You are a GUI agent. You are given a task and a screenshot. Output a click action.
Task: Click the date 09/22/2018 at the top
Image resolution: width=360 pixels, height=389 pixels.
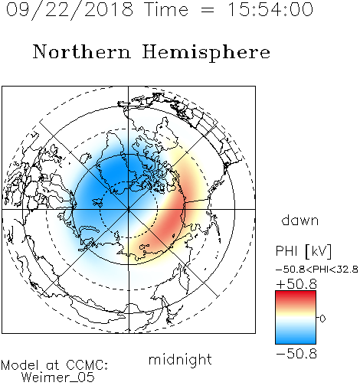coord(69,10)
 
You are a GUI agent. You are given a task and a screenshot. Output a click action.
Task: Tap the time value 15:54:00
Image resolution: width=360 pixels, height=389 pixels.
coord(270,10)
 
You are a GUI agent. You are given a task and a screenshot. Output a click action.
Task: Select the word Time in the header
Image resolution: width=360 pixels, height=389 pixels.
coord(166,10)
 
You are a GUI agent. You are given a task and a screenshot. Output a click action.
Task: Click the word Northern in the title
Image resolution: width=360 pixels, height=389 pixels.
coord(82,51)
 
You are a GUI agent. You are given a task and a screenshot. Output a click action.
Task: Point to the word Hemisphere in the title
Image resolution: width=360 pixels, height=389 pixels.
coord(206,53)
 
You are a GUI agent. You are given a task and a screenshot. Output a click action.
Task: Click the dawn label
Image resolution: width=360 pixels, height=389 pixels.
coord(300,220)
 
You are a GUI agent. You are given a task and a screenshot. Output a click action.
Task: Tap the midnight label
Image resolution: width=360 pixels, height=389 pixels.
coord(180,359)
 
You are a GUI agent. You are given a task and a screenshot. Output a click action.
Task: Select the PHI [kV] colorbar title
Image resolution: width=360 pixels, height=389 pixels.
coord(304,251)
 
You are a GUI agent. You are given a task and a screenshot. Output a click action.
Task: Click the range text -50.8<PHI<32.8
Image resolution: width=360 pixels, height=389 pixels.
coord(317,270)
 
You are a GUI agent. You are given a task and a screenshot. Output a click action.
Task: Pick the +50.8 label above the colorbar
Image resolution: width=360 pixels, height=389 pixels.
coord(296,284)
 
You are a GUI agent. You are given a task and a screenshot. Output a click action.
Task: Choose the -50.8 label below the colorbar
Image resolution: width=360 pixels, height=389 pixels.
coord(296,354)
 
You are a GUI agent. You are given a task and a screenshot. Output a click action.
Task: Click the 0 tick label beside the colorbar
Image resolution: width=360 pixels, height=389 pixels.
coord(322,319)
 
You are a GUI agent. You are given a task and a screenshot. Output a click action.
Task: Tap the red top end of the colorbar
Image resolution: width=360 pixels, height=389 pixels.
coord(296,293)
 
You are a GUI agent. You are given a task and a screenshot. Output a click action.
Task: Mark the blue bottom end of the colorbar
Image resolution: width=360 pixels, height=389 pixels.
coord(296,342)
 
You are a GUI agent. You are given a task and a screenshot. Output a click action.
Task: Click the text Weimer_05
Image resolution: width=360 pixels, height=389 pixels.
coord(58,378)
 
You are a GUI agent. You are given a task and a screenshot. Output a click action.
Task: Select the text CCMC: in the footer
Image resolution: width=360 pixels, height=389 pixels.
coord(87,365)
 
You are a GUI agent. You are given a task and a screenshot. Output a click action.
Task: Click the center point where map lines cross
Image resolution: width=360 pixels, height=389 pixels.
coord(129,209)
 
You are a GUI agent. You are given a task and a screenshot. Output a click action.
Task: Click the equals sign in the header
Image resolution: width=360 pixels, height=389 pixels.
coord(208,10)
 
